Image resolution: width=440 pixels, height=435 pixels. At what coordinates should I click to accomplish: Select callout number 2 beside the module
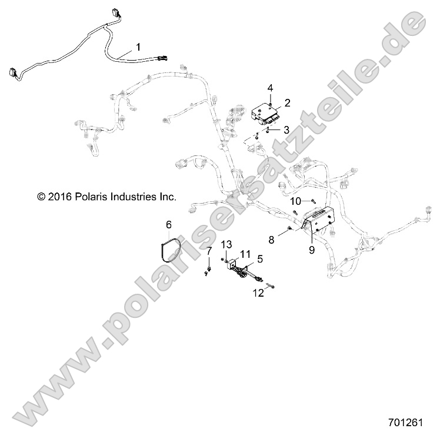(x=288, y=103)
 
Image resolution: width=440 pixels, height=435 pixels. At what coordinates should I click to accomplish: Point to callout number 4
(x=270, y=88)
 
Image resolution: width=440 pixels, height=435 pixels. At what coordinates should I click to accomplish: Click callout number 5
(x=260, y=257)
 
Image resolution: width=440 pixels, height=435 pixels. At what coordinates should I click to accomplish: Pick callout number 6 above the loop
(x=168, y=224)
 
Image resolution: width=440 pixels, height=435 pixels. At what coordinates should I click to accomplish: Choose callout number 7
(x=209, y=251)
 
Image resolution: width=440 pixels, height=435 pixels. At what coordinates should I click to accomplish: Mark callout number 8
(x=271, y=239)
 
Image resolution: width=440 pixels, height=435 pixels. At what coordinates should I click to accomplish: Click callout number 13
(x=227, y=245)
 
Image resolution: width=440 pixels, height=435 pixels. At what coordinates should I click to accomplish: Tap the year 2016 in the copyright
(x=59, y=197)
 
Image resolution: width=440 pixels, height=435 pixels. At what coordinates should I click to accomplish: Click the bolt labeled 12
(x=270, y=287)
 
